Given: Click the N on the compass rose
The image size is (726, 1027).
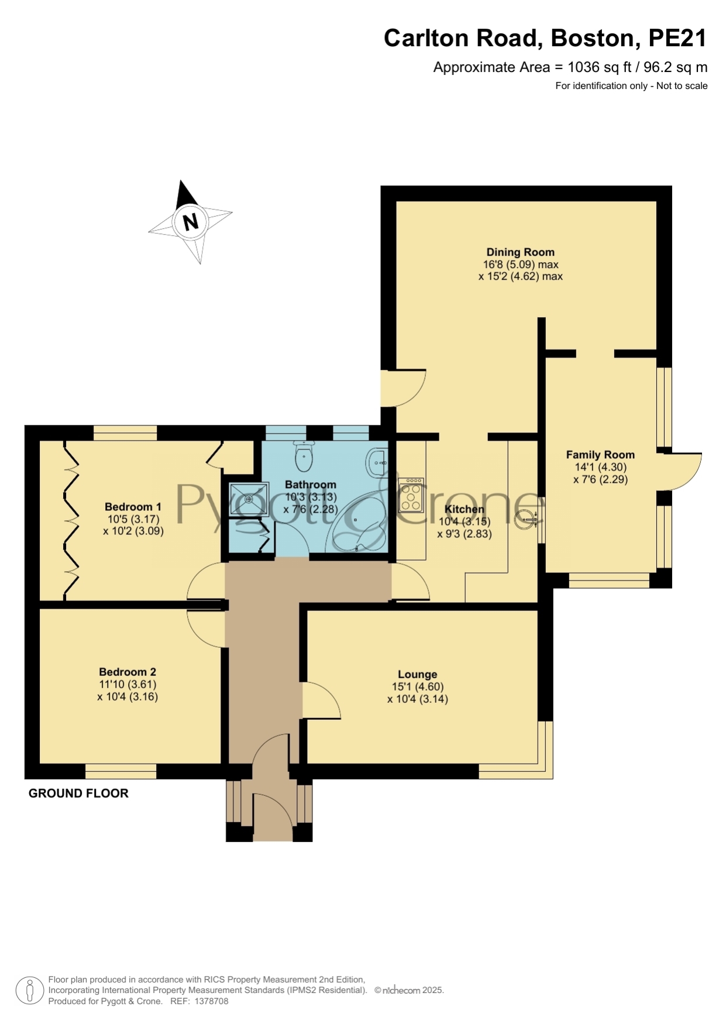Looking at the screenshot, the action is [190, 222].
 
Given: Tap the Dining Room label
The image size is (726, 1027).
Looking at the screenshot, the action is [520, 252].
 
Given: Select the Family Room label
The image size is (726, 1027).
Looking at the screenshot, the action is [600, 455].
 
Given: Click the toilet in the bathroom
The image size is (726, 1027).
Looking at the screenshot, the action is [304, 456].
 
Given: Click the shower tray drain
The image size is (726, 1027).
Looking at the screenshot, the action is [249, 499].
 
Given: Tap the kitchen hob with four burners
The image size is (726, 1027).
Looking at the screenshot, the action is [411, 495].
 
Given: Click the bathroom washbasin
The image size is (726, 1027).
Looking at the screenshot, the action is [376, 463].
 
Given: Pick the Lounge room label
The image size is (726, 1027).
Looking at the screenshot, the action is [417, 674].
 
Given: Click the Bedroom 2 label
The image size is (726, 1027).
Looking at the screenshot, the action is [128, 672].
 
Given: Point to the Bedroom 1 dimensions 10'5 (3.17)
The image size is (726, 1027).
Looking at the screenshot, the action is [133, 519].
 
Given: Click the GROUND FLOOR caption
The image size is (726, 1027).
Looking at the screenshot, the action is [78, 794].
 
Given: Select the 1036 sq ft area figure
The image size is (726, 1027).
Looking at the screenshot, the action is [598, 67].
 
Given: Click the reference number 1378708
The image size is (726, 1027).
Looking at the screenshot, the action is [211, 1001].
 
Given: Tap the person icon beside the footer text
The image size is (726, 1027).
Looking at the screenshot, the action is [29, 991].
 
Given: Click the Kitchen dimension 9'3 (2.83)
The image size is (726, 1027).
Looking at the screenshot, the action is [464, 534].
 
